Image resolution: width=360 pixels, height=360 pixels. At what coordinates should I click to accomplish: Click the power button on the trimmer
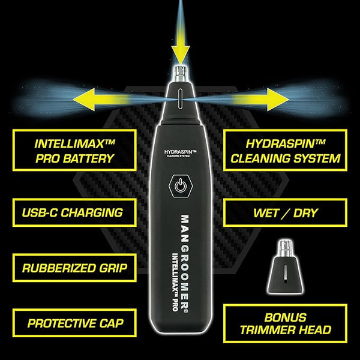[x=181, y=186]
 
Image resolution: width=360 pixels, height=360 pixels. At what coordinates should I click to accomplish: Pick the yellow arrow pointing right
[x=261, y=100]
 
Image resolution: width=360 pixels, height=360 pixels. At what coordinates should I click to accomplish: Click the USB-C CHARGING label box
[x=74, y=212]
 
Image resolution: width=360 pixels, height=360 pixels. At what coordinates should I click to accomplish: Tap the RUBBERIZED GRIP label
[x=74, y=268]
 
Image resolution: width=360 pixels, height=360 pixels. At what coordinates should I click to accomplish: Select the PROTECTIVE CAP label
[x=74, y=323]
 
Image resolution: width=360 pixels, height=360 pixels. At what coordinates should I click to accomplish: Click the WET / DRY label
[x=285, y=213]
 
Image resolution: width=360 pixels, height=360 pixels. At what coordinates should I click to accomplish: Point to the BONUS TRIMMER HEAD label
[x=285, y=324]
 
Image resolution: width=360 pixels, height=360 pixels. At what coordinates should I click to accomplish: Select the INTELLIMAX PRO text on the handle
[x=175, y=282]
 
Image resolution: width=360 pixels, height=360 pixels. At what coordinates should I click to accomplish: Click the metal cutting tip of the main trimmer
[x=181, y=73]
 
